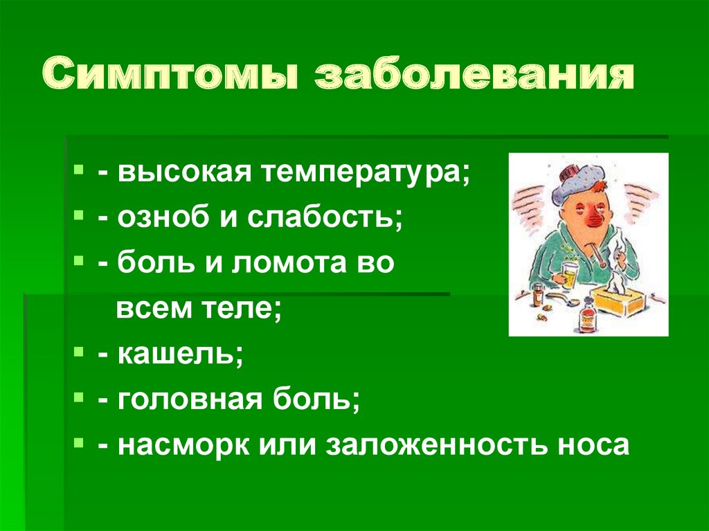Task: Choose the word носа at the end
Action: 595,444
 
